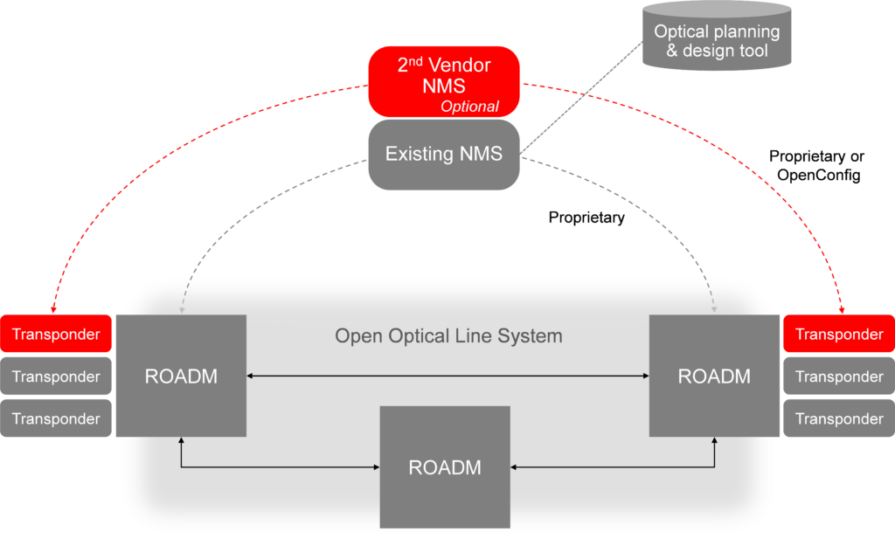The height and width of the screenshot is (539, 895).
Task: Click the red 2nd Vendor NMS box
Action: (444, 79)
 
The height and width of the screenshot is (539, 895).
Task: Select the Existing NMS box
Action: (444, 155)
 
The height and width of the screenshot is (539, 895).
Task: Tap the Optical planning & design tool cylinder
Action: (717, 39)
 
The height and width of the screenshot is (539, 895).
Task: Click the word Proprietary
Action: (586, 218)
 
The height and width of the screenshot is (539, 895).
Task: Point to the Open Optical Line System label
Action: (448, 336)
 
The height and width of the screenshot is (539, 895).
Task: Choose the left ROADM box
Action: (181, 377)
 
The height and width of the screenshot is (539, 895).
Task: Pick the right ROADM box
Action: (714, 377)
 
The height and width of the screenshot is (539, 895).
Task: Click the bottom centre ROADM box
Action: (445, 467)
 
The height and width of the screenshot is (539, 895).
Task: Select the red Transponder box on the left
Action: (56, 335)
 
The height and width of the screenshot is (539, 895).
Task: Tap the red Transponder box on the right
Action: (839, 335)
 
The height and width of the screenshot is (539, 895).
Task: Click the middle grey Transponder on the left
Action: (56, 377)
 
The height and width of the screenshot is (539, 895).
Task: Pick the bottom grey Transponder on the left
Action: (56, 418)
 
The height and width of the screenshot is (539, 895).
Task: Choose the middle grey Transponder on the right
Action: (839, 377)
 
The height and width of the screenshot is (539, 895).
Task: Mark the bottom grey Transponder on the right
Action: (839, 418)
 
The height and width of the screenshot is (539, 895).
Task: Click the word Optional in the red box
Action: (469, 107)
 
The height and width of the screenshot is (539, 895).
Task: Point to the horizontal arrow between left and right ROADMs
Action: (447, 377)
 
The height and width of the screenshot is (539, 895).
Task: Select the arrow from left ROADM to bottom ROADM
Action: (262, 467)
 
